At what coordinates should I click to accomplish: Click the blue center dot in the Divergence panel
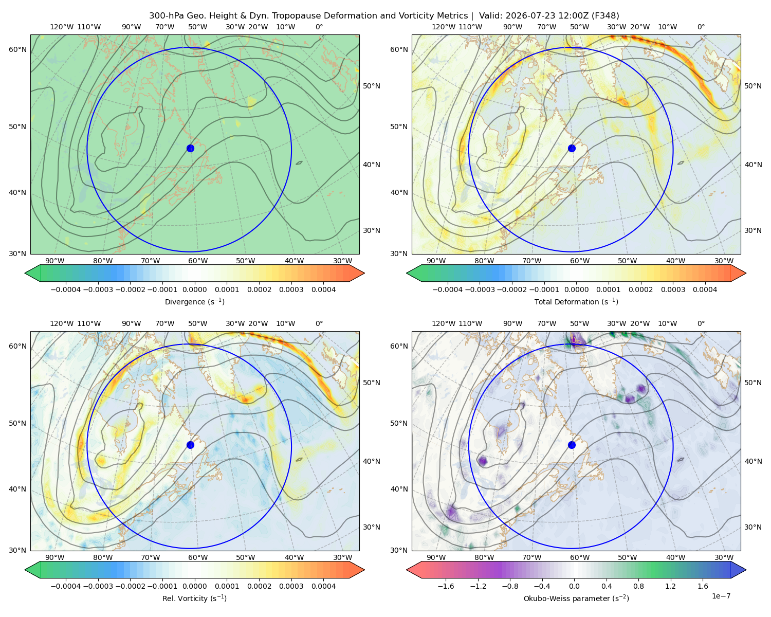190,148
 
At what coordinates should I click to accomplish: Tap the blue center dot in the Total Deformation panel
572,148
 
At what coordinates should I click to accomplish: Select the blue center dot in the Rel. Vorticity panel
190,445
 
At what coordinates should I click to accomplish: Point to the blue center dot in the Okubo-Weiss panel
572,445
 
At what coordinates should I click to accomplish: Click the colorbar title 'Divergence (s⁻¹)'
194,301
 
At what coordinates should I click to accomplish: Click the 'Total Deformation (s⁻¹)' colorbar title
576,301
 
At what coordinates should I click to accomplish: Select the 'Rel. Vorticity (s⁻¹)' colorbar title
194,598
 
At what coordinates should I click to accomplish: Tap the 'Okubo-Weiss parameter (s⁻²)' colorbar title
576,598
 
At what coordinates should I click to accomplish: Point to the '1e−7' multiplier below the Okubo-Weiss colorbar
721,596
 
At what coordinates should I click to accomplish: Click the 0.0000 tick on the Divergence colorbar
194,289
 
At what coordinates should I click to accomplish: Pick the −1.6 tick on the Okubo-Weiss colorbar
446,586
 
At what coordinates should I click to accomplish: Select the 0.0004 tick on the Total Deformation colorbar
705,289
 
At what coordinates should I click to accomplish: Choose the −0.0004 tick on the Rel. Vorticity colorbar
66,586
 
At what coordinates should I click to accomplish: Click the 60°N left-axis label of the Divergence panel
17,49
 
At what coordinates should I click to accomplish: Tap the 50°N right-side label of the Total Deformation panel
752,86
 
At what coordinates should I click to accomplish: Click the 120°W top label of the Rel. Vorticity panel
62,323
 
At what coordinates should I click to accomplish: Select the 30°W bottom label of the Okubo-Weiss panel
724,557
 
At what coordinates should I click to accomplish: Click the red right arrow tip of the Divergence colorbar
364,273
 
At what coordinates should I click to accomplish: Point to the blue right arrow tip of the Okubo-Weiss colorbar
746,570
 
